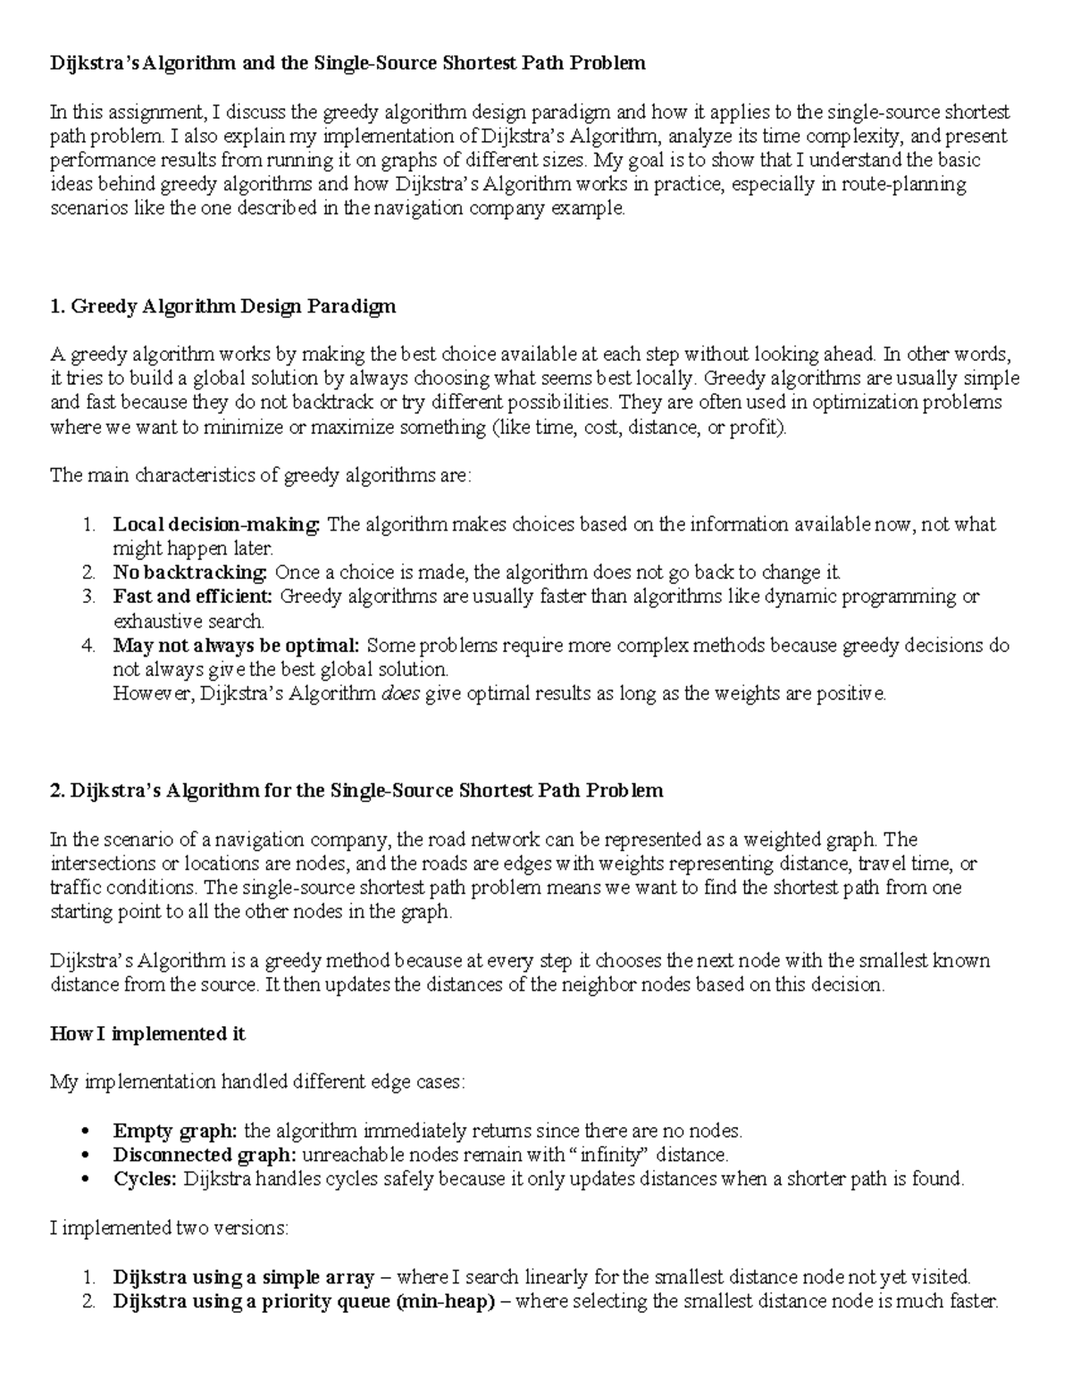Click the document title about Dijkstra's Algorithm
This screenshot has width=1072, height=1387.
[347, 63]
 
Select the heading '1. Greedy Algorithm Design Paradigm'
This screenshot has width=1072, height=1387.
[222, 306]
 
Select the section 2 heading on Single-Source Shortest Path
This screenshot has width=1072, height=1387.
[356, 790]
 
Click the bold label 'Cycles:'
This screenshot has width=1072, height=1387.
[146, 1179]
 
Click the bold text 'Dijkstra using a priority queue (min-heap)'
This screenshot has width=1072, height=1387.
[304, 1301]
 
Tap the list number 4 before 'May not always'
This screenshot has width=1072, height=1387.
[88, 645]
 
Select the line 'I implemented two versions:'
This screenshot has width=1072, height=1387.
[169, 1228]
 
